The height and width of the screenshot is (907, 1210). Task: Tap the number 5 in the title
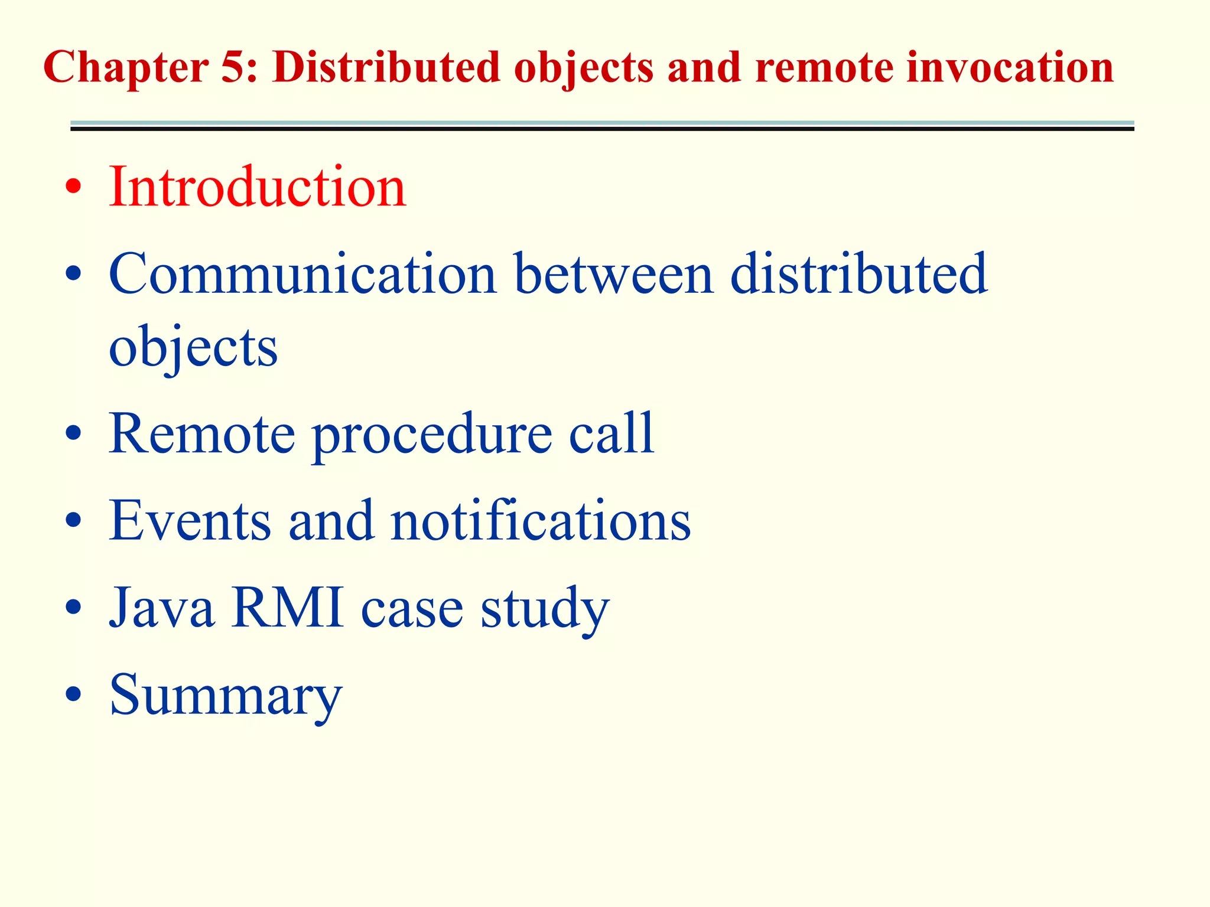tap(238, 67)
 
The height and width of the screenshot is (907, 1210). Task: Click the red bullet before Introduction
tap(73, 188)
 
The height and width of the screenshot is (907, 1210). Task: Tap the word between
tap(614, 273)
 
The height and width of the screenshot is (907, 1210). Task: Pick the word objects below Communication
tap(193, 348)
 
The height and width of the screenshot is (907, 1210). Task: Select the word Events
tap(190, 520)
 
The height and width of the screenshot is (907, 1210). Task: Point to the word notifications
tap(540, 520)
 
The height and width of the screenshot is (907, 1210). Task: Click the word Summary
tap(226, 696)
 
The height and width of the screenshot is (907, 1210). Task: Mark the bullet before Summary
tap(73, 694)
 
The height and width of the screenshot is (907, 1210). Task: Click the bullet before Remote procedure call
tap(73, 434)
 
